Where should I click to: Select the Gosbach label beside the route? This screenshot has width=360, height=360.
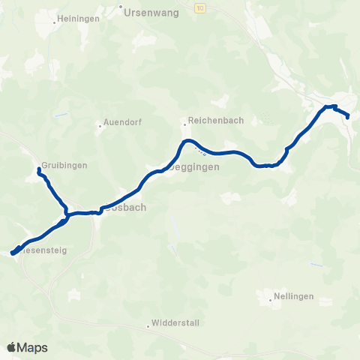click(x=124, y=207)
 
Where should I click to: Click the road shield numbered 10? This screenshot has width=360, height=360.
click(x=199, y=7)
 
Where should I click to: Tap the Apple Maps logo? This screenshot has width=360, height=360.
click(x=27, y=347)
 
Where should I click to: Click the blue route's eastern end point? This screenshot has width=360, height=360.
click(x=349, y=115)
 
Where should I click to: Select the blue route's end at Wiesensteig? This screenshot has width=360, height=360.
click(x=13, y=253)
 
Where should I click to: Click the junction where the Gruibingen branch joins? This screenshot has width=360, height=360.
click(x=67, y=214)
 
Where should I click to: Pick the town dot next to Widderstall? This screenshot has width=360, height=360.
click(x=148, y=326)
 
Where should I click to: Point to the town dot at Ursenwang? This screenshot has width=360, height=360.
click(x=121, y=7)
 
